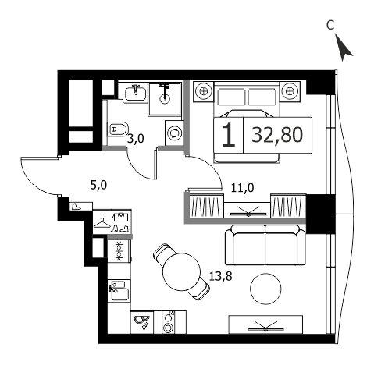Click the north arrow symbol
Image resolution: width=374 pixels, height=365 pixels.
pyautogui.click(x=343, y=48)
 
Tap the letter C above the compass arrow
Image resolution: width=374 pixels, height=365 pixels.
pyautogui.click(x=330, y=25)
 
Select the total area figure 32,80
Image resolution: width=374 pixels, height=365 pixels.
pyautogui.click(x=277, y=135)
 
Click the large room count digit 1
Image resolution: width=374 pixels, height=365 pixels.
pyautogui.click(x=229, y=135)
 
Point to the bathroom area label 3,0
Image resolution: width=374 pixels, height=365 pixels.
pyautogui.click(x=135, y=139)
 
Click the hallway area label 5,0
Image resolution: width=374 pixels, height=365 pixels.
pyautogui.click(x=98, y=186)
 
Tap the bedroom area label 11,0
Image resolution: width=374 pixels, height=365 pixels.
pyautogui.click(x=242, y=187)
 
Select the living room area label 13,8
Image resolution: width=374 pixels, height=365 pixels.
pyautogui.click(x=220, y=276)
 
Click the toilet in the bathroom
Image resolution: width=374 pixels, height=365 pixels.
pyautogui.click(x=118, y=129)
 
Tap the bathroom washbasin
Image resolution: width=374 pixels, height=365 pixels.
pyautogui.click(x=135, y=93)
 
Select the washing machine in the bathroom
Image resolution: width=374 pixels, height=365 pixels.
pyautogui.click(x=174, y=133)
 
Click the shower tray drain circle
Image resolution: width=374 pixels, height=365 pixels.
pyautogui.click(x=165, y=98)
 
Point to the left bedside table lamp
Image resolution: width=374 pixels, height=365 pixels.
pyautogui.click(x=203, y=91)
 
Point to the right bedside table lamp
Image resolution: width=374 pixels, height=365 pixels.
pyautogui.click(x=290, y=91)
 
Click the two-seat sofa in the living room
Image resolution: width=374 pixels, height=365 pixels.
pyautogui.click(x=265, y=245)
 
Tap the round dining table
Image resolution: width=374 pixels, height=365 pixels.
pyautogui.click(x=181, y=271)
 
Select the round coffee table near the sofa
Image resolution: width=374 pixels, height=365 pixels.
pyautogui.click(x=265, y=289)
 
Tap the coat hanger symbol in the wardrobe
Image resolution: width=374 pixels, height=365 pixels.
pyautogui.click(x=102, y=223)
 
